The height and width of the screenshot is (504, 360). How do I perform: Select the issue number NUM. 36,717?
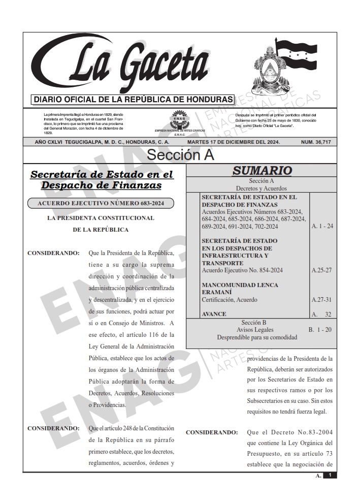[x=315, y=142]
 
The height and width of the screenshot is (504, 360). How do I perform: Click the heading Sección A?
[x=180, y=155]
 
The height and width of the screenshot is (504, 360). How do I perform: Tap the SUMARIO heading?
[x=262, y=171]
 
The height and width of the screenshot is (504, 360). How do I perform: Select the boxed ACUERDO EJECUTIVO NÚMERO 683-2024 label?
[x=101, y=204]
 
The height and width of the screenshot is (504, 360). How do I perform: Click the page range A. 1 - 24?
[x=322, y=226]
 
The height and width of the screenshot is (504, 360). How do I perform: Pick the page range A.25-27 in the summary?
[x=322, y=270]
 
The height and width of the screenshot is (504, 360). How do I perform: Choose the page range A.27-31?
[x=322, y=300]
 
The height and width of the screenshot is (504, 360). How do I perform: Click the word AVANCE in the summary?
[x=214, y=314]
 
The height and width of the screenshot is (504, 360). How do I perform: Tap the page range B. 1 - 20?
[x=320, y=330]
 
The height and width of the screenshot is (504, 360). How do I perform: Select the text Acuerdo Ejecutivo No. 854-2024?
[x=242, y=270]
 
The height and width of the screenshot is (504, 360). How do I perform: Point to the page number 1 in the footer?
[x=330, y=475]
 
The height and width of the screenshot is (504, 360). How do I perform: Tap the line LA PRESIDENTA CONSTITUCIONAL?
[x=101, y=218]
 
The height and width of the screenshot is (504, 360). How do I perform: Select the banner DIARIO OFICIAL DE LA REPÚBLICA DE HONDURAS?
[x=132, y=99]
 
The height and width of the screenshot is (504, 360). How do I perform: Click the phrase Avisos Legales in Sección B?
[x=261, y=330]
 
